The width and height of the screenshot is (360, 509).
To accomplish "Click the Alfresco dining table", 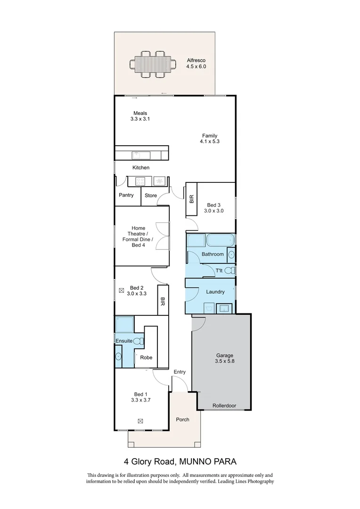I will pos(153,63).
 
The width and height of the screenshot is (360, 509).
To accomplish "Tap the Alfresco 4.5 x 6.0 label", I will pos(196,64).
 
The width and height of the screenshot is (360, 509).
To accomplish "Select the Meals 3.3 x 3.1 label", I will pos(140,116).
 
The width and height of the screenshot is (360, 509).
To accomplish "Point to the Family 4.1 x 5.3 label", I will pos(210,139).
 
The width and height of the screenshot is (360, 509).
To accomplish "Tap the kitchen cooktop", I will pos(140,181).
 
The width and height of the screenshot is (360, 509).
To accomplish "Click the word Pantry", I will pos(126,195).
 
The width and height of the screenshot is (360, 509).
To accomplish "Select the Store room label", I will pos(151,195).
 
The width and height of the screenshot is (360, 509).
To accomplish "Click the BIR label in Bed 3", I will pos(192,199).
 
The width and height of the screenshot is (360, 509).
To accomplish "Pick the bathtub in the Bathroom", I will pos(220,240).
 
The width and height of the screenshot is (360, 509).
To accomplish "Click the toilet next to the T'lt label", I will pos(229,271).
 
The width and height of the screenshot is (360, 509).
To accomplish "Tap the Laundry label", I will pos(215,292).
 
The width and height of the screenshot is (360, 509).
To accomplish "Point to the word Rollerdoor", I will pos(224,405).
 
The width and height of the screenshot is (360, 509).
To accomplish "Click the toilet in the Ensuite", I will pos(139,340).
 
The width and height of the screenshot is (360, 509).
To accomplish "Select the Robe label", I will pos(146,357).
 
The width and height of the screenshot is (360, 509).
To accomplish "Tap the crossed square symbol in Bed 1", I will pos(140,421).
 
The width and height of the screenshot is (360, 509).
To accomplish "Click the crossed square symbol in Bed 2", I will pos(122,291).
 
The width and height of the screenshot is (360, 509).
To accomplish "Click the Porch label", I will pos(182,419).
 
